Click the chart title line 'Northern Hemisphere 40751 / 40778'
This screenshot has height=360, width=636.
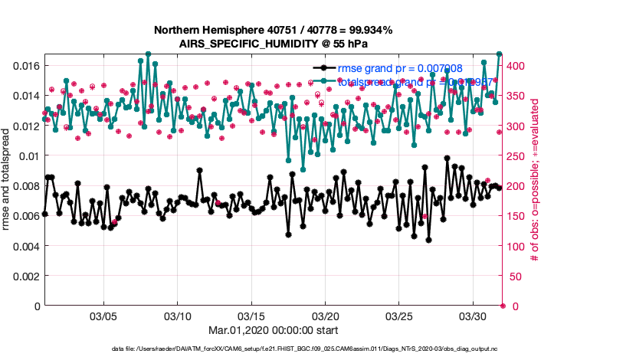click(273, 31)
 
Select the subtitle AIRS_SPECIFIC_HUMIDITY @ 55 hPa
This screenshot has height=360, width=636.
click(273, 44)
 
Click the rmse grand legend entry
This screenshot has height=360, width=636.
click(400, 68)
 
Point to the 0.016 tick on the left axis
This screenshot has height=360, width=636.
click(27, 66)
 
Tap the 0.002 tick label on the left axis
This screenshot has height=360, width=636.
click(27, 276)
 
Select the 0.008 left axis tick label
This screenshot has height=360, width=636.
click(27, 186)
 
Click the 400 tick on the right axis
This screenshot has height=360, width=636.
click(518, 66)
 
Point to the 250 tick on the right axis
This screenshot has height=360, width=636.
click(518, 156)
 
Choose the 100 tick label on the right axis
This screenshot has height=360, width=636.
click(518, 246)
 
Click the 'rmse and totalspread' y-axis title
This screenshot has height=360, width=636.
click(8, 180)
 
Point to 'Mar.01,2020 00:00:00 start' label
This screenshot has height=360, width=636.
click(273, 329)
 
